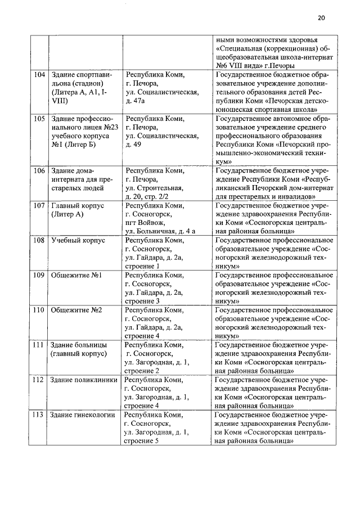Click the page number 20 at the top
coord(321,17)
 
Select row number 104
coord(39,74)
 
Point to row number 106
coord(39,170)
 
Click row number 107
coord(39,206)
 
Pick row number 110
coord(39,310)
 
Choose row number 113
coord(39,415)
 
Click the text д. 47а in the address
coord(136,101)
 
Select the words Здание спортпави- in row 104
coord(82,74)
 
